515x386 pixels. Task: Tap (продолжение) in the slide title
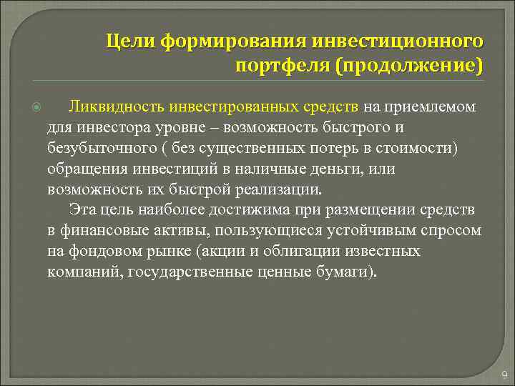point(406,66)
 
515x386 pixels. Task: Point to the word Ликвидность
point(117,107)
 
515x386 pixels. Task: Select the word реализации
point(276,190)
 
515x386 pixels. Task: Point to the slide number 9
point(504,375)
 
